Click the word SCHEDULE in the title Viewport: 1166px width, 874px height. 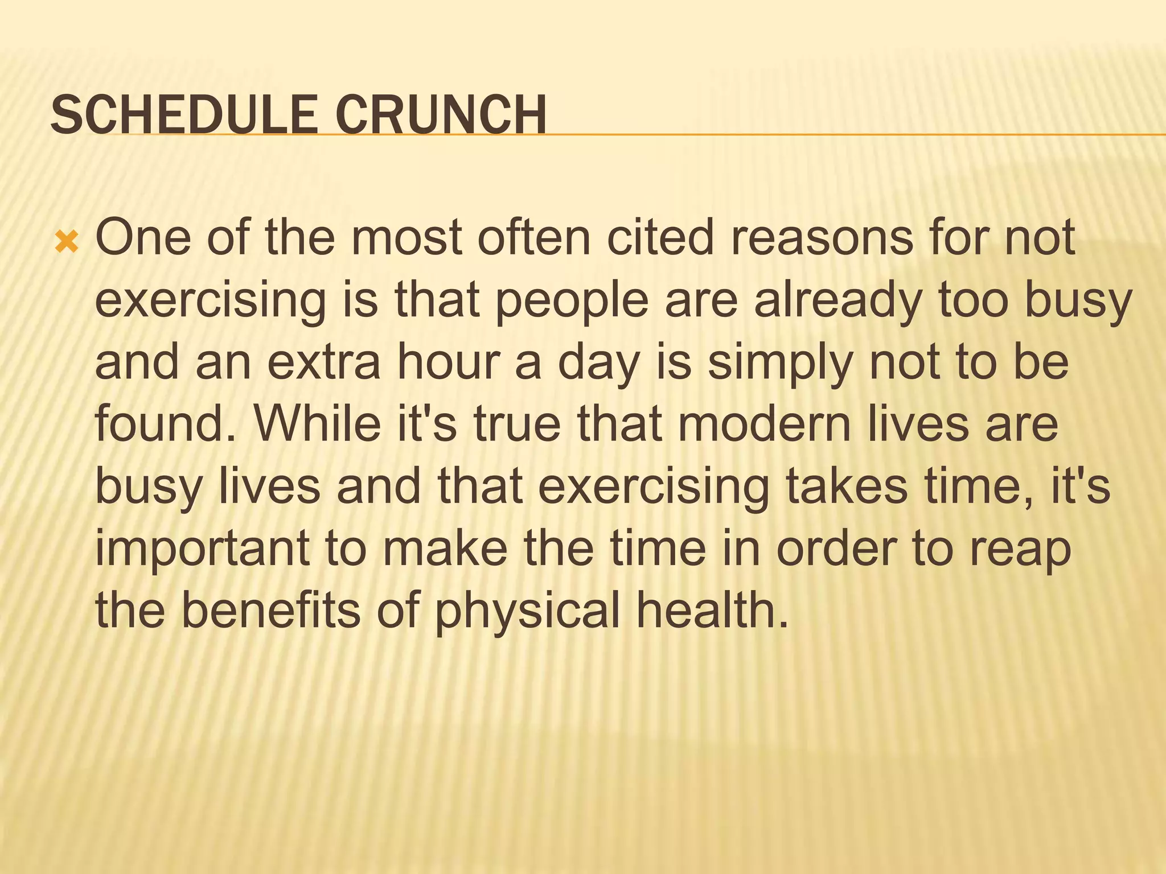coord(183,115)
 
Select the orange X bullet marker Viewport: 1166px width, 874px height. coord(67,243)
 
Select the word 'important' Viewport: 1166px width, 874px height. coord(202,549)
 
